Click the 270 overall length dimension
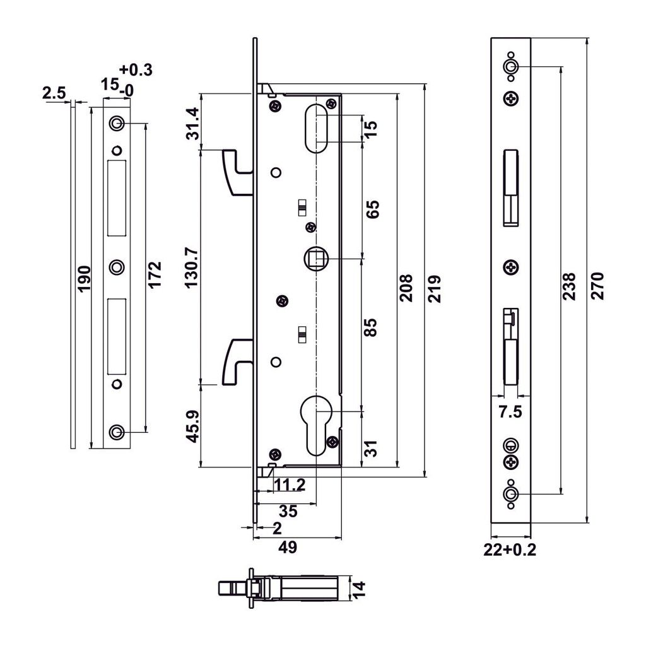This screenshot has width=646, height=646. coord(597,285)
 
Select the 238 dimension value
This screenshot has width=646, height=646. coord(568,285)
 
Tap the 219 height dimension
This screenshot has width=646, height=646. coord(435,288)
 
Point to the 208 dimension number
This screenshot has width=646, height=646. coord(406,288)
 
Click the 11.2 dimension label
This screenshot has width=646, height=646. coord(290,484)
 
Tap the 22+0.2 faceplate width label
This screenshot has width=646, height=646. coord(510,549)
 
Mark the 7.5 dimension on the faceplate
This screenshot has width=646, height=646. coord(510,413)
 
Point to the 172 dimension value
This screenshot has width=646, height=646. coord(155,275)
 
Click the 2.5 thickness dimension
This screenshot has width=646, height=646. coord(54,93)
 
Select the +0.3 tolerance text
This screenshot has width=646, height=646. coord(135,70)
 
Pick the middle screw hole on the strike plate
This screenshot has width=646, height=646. coord(116,267)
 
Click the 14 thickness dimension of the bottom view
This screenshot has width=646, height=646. coord(358,590)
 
